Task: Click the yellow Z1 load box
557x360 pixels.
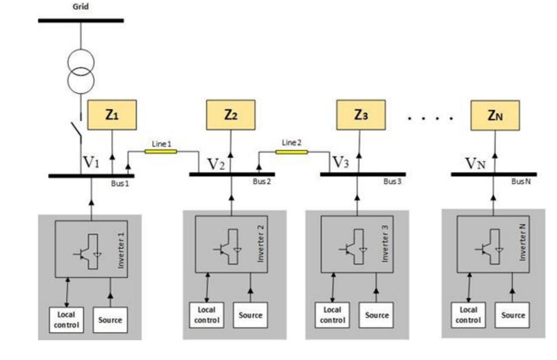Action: [112, 115]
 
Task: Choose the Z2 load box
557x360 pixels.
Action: [230, 115]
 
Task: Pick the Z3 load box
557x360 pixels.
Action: [361, 115]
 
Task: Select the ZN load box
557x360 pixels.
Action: [495, 115]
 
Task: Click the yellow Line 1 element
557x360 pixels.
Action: [161, 151]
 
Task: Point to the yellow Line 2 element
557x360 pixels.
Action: [291, 152]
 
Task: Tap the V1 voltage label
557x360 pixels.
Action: [92, 162]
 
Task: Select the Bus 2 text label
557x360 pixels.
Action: [262, 182]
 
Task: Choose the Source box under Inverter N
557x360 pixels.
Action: [513, 315]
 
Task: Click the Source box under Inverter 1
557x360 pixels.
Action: [110, 320]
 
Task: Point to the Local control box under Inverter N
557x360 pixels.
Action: [468, 315]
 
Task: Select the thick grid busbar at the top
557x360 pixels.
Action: [81, 20]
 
